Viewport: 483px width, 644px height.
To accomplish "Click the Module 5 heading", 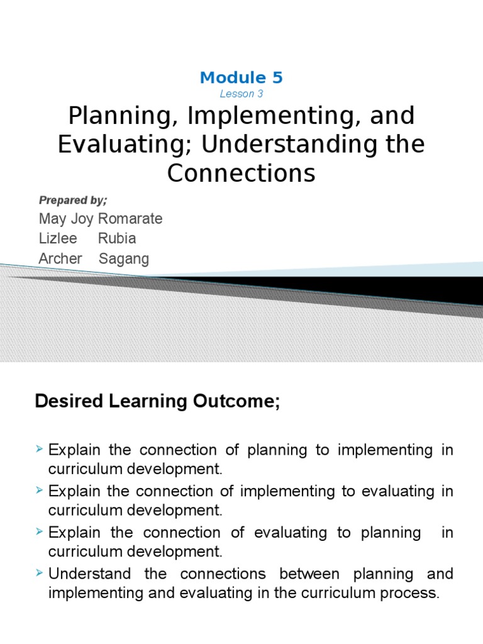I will click(241, 78).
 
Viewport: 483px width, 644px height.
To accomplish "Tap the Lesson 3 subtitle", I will click(241, 94).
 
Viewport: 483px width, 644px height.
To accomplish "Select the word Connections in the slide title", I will click(241, 173).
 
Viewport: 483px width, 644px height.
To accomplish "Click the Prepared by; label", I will click(73, 200).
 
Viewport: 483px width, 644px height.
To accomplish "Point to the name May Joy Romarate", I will click(101, 219).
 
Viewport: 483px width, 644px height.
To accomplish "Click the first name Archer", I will click(60, 259).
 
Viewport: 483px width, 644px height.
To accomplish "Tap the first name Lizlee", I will click(58, 239).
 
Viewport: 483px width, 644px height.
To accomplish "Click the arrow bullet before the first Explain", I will click(41, 449).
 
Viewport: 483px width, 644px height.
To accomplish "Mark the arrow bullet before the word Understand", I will click(41, 573).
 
